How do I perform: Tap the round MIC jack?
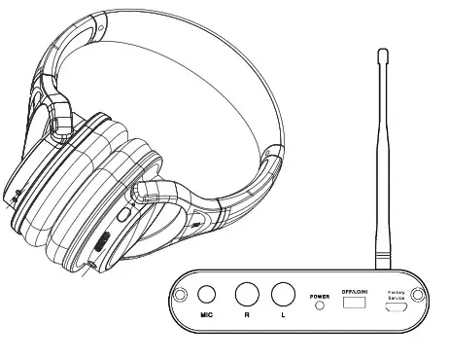[x=207, y=295]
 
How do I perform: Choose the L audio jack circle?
[x=282, y=294]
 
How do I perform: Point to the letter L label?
[x=282, y=316]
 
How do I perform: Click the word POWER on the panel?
[x=319, y=295]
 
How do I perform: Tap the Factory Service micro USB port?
[x=397, y=308]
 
